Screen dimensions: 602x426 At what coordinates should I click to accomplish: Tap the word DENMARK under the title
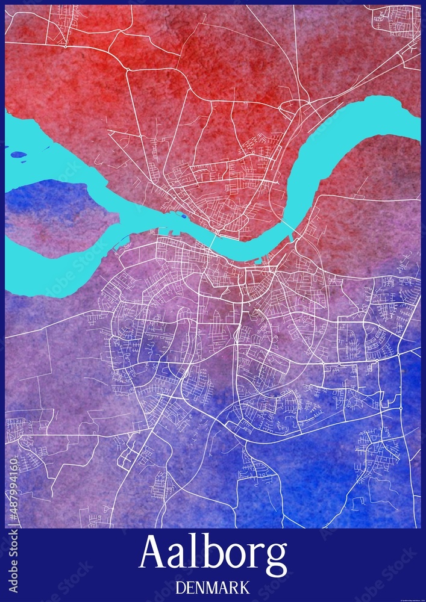click(213, 588)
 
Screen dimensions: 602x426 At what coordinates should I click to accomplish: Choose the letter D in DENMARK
click(179, 588)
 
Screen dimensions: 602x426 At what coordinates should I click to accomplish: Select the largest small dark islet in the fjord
click(19, 155)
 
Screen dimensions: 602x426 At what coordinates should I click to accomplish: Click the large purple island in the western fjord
click(54, 217)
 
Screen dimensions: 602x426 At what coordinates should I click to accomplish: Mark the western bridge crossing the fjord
click(213, 241)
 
